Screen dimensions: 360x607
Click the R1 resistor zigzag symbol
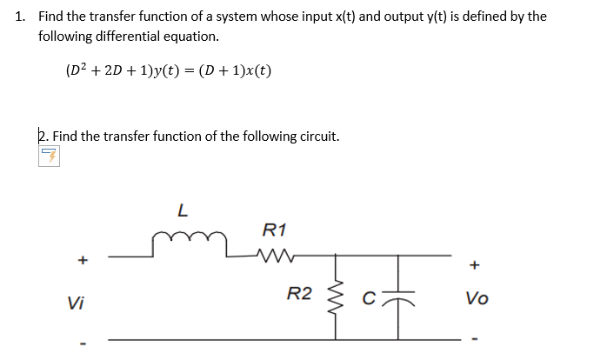(277, 256)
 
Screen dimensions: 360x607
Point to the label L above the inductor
(181, 210)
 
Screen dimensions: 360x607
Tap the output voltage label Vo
(477, 298)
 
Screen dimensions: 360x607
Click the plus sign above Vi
(83, 259)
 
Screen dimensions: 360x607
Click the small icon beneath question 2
(49, 157)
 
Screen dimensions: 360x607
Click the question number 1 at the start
(20, 17)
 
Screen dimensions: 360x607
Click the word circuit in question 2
(316, 136)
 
